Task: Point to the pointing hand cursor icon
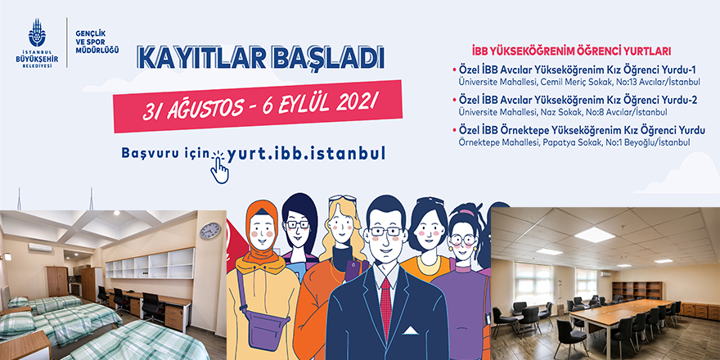218,167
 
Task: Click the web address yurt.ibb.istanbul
306,153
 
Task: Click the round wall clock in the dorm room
209,231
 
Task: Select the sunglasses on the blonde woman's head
343,199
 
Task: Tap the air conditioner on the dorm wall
40,246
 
